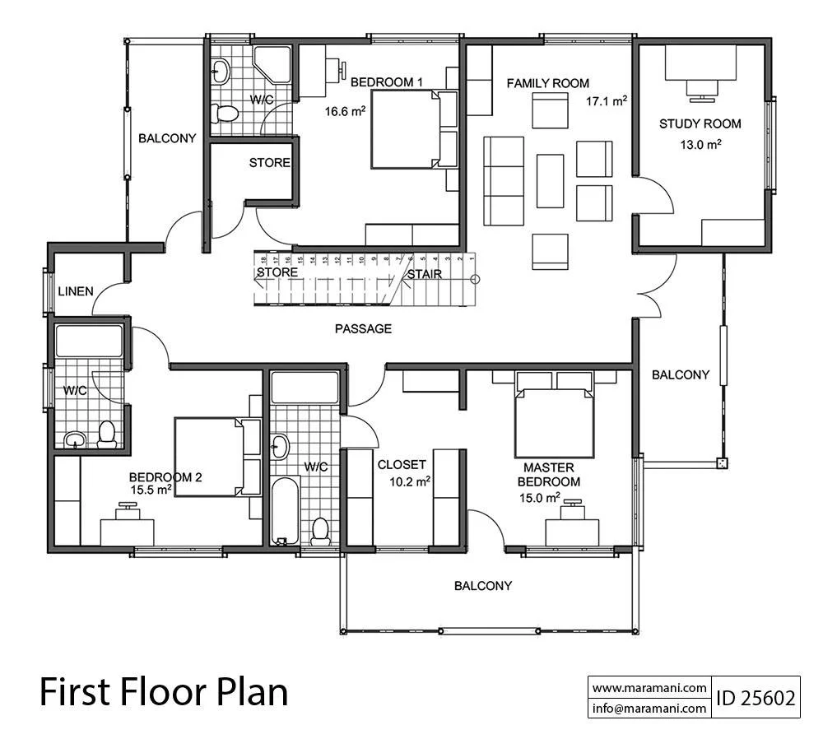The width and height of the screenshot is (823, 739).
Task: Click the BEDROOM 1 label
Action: point(386,82)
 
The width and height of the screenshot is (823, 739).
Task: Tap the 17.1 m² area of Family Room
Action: point(607,101)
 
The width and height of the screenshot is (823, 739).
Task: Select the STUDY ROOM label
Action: point(700,124)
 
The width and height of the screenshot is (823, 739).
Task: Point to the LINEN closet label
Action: point(76,291)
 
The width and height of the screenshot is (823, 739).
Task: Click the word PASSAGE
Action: point(363,329)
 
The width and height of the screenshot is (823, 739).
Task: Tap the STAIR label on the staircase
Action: point(425,274)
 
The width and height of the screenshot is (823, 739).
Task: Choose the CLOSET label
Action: point(402,464)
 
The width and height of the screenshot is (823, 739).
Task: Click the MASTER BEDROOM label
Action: point(548,475)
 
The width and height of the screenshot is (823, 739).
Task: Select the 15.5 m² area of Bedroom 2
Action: point(151,490)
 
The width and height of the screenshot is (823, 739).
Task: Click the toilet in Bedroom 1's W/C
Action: point(224,112)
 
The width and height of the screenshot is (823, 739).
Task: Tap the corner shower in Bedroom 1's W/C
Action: point(272,64)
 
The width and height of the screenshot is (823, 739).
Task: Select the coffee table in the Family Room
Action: point(550,181)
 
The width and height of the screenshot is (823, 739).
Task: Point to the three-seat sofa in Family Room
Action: point(504,181)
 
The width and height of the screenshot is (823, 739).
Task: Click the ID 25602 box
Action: point(756,698)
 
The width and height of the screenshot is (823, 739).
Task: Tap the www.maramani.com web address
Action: point(649,687)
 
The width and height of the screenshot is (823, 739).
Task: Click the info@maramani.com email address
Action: point(649,708)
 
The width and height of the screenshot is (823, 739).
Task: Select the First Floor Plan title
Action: point(164,692)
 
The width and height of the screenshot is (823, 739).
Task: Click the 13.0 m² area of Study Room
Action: point(700,144)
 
